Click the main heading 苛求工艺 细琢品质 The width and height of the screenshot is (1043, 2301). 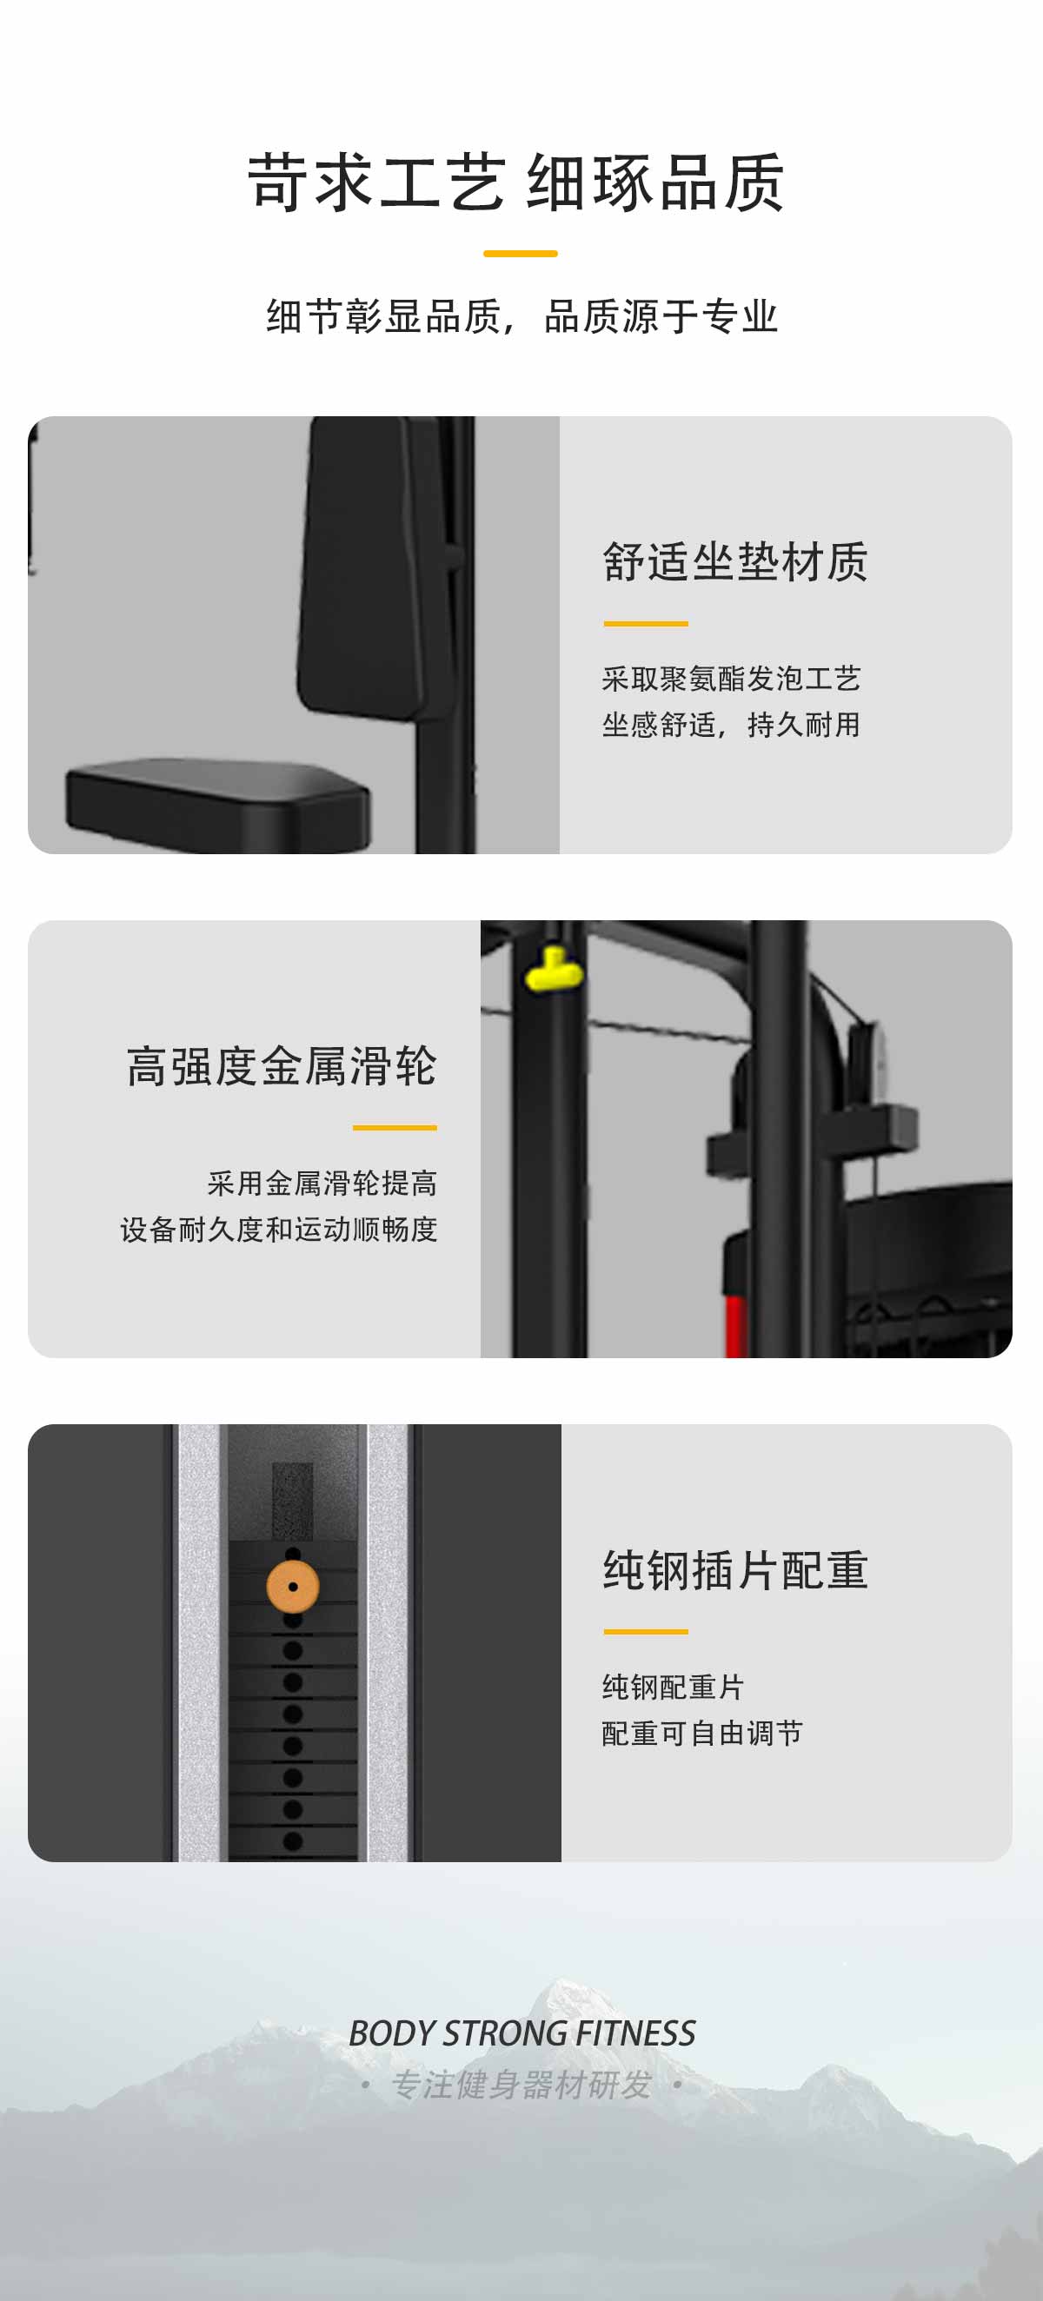[516, 183]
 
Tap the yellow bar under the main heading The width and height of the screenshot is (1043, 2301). [520, 254]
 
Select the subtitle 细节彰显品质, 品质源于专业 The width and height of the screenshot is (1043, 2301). [522, 317]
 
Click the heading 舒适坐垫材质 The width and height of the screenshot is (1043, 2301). [734, 562]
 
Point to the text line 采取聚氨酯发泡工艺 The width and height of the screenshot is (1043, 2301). [731, 679]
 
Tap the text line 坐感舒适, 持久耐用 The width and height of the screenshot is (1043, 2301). [731, 725]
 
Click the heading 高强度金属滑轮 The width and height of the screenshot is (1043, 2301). [282, 1066]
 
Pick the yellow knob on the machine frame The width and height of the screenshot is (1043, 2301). [554, 970]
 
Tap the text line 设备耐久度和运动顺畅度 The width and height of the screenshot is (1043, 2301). [279, 1229]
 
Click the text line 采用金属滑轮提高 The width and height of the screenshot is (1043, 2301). [322, 1184]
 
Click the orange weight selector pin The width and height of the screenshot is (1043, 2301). [292, 1587]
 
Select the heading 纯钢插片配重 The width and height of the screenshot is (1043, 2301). [734, 1570]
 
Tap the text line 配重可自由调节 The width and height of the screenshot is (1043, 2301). [702, 1733]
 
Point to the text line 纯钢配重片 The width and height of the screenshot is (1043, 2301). [673, 1688]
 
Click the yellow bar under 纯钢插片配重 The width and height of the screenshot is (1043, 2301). [645, 1632]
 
